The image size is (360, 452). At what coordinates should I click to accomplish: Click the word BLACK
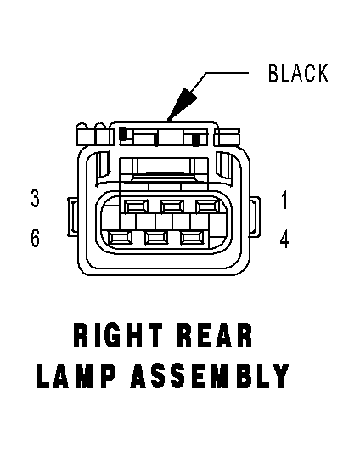pos(298,73)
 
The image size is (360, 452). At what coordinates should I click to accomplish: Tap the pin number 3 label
pos(35,198)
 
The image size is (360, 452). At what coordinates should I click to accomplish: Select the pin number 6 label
pos(35,238)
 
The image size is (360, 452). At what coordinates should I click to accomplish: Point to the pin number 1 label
pos(284,200)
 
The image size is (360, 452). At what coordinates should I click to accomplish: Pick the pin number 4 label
pos(284,240)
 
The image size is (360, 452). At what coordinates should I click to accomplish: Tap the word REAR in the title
pos(215,336)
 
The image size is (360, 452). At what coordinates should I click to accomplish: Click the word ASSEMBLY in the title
pos(210,376)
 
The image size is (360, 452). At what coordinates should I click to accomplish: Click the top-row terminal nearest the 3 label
pos(136,206)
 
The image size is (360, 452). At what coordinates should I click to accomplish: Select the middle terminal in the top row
pos(172,206)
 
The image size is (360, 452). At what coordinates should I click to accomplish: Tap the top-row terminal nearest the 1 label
pos(208,206)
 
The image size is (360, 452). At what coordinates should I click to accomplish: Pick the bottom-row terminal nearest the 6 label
pos(120,238)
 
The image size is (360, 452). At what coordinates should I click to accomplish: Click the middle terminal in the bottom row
pos(156,238)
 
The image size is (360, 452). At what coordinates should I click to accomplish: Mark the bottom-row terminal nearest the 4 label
pos(192,238)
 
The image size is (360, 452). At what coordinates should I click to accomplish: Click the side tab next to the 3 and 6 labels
pos(72,217)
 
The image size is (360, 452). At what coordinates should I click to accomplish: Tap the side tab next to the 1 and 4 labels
pos(255,217)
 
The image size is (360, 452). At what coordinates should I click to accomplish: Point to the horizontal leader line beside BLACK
pos(227,73)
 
